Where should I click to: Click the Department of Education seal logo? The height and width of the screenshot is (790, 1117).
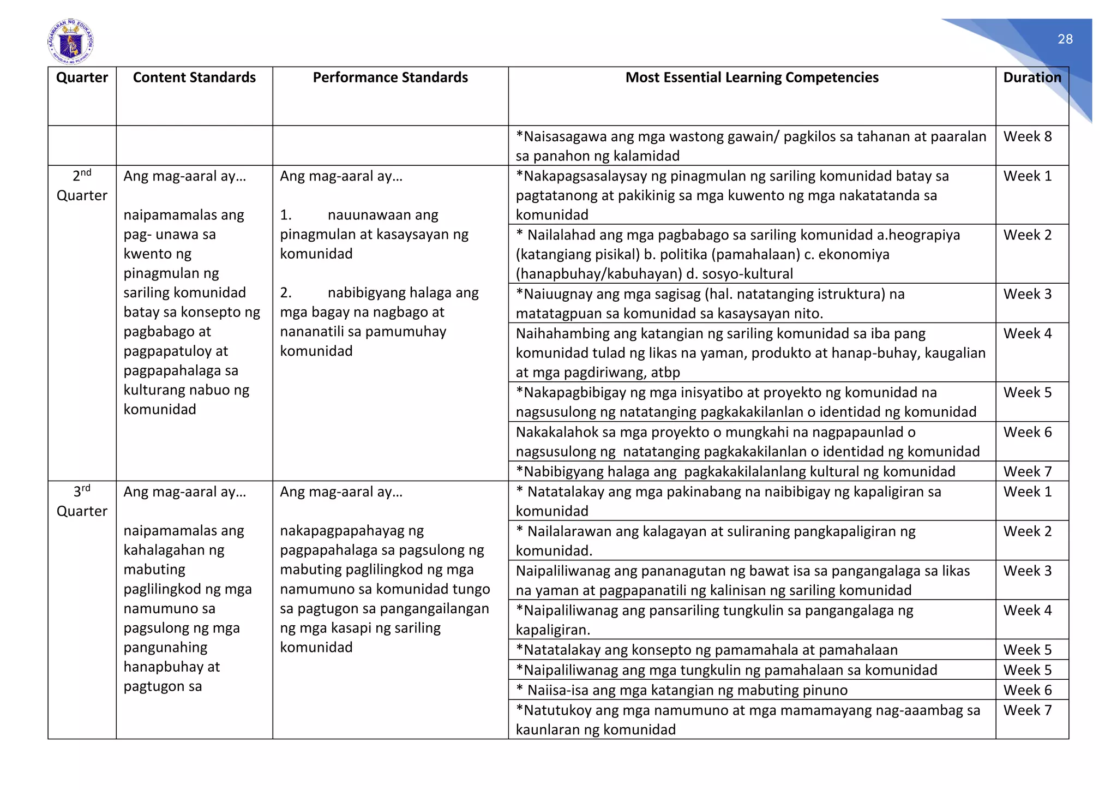point(70,41)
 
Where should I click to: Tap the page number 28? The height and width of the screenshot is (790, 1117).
point(1065,39)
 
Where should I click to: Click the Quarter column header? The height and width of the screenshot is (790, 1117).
point(82,77)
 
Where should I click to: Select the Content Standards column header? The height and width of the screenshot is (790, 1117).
point(194,77)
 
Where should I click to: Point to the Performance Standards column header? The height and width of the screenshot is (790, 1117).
point(390,77)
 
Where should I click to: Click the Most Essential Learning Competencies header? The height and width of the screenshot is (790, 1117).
point(752,77)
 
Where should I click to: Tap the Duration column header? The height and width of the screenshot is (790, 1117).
point(1032,77)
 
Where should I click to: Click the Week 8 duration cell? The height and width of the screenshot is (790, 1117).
point(1027,136)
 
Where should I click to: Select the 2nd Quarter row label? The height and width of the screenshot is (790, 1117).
point(82,185)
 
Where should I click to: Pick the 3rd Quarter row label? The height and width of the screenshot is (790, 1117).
point(82,501)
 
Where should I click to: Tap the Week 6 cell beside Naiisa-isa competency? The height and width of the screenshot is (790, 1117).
point(1027,690)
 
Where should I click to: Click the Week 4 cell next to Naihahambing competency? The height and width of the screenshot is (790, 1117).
point(1027,333)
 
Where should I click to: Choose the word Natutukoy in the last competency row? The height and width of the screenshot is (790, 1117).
point(557,710)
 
